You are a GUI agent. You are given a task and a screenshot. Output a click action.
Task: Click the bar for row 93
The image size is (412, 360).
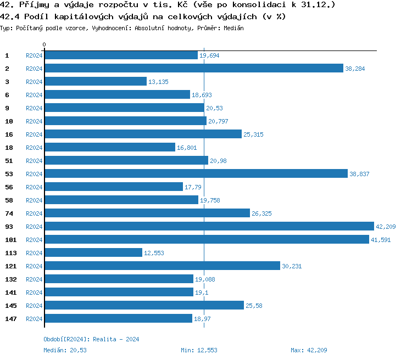[209, 226]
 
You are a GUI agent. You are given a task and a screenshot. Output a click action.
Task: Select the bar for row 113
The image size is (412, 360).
[93, 252]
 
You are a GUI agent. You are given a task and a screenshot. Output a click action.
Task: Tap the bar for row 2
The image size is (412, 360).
[193, 68]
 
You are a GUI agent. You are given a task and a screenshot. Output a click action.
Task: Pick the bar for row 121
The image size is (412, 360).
[162, 266]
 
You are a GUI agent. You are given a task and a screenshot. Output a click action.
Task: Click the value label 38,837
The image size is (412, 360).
[360, 174]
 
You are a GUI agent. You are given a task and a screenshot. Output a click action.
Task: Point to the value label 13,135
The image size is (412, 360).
[158, 82]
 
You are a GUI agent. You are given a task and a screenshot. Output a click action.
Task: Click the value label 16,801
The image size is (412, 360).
[186, 148]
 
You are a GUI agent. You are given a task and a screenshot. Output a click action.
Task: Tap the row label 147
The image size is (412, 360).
[10, 319]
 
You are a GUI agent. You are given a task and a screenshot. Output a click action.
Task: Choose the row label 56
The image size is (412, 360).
[8, 187]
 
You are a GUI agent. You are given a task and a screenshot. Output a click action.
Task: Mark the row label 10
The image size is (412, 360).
[8, 121]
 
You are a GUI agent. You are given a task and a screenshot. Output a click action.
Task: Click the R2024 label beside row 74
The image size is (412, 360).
[34, 213]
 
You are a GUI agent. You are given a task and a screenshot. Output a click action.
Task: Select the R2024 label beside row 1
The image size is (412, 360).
[34, 55]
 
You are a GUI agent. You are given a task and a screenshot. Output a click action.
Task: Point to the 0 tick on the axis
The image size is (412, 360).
[44, 44]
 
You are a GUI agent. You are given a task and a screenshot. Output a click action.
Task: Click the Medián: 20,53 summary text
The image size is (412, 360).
[65, 350]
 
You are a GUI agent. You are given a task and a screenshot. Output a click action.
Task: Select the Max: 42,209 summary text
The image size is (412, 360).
[309, 350]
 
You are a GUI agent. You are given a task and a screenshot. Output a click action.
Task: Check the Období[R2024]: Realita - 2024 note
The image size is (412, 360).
[91, 339]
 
